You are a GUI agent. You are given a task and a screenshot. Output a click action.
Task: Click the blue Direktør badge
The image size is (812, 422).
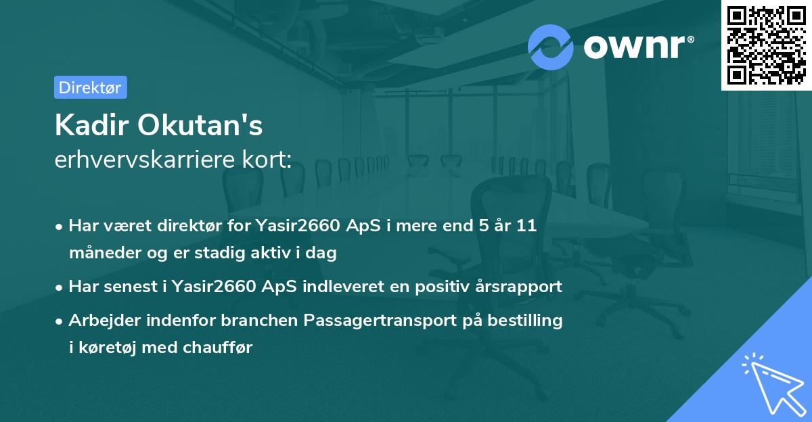[90, 87]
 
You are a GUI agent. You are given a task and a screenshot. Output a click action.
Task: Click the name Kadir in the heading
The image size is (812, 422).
[92, 125]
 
